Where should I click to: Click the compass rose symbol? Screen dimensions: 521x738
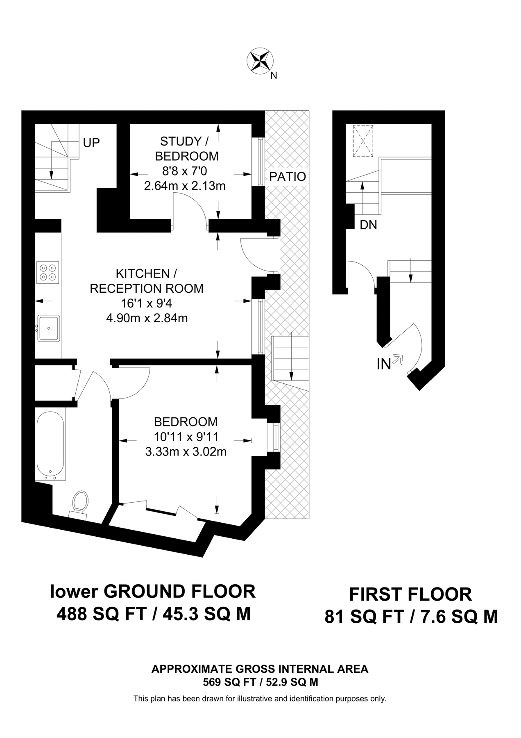260,61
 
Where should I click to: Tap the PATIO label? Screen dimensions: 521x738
288,177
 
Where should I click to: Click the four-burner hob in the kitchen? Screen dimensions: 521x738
48,272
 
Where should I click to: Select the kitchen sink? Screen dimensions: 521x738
48,328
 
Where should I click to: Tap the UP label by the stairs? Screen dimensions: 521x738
91,143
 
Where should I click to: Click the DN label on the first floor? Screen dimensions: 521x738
368,225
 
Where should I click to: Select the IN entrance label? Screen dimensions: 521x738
384,364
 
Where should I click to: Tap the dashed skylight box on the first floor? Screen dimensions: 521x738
363,141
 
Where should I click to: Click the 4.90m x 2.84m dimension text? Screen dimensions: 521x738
147,318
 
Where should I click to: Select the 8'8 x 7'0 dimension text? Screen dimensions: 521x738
185,171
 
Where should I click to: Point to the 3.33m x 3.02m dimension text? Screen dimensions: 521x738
186,452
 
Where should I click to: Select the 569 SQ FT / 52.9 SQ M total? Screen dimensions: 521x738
260,683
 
